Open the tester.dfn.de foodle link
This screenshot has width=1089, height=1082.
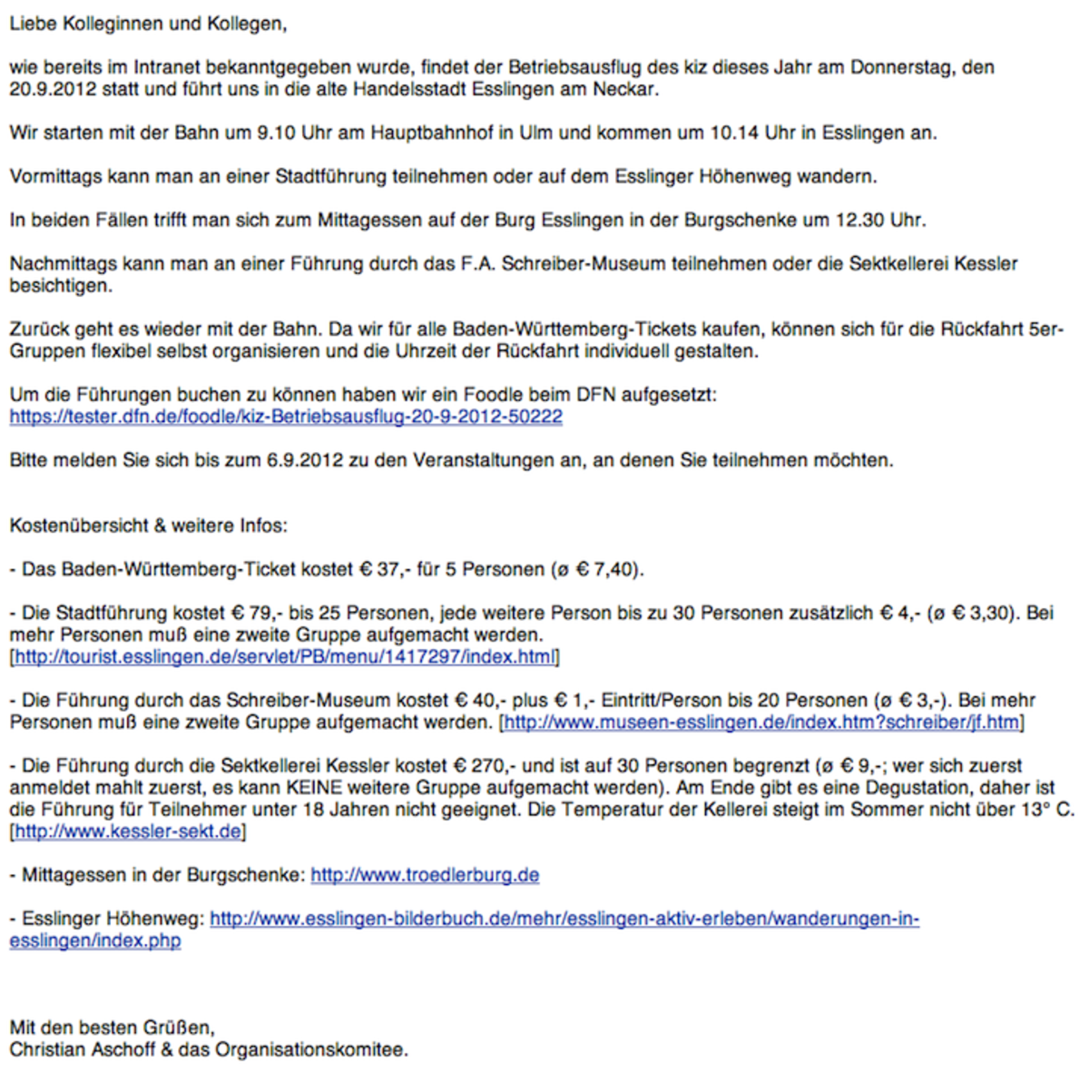[x=286, y=417]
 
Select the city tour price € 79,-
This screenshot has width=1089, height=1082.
[x=250, y=613]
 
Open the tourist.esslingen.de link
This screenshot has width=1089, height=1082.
[x=284, y=656]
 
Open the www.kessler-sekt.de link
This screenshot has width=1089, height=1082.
[x=128, y=831]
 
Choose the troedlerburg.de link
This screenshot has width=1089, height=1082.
[x=425, y=875]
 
